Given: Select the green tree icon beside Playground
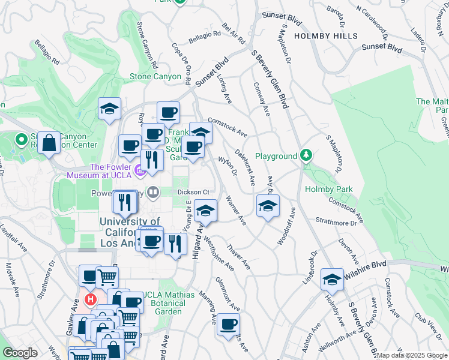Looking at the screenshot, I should coord(307,156).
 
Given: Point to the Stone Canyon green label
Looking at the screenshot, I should coord(155,77).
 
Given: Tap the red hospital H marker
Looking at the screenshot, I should coord(90,299).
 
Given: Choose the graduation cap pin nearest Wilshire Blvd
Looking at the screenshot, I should coord(332,279).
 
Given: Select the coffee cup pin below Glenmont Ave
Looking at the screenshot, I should coord(228,324).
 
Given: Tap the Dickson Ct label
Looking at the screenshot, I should coord(192,192).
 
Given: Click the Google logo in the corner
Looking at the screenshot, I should coord(20,353).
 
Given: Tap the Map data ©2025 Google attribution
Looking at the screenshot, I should coord(412,355).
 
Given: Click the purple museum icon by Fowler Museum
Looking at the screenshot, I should coord(140,172).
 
